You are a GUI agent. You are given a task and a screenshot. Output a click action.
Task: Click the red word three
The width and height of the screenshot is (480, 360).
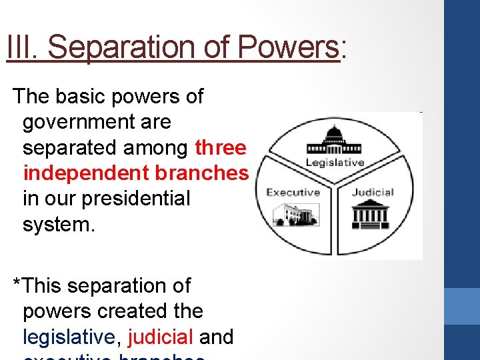221,147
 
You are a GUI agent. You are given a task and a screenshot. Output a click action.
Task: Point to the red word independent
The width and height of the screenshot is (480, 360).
86,173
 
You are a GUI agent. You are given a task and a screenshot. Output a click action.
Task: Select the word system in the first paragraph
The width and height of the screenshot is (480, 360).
59,224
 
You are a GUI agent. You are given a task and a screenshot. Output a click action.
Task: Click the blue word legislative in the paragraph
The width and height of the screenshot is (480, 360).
69,337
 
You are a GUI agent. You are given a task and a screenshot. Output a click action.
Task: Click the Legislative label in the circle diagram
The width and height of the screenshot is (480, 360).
335,163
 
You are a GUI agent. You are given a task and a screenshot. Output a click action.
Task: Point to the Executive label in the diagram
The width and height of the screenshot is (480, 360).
293,192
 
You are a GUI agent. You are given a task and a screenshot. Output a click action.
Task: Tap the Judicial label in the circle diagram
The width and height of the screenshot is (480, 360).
373,192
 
